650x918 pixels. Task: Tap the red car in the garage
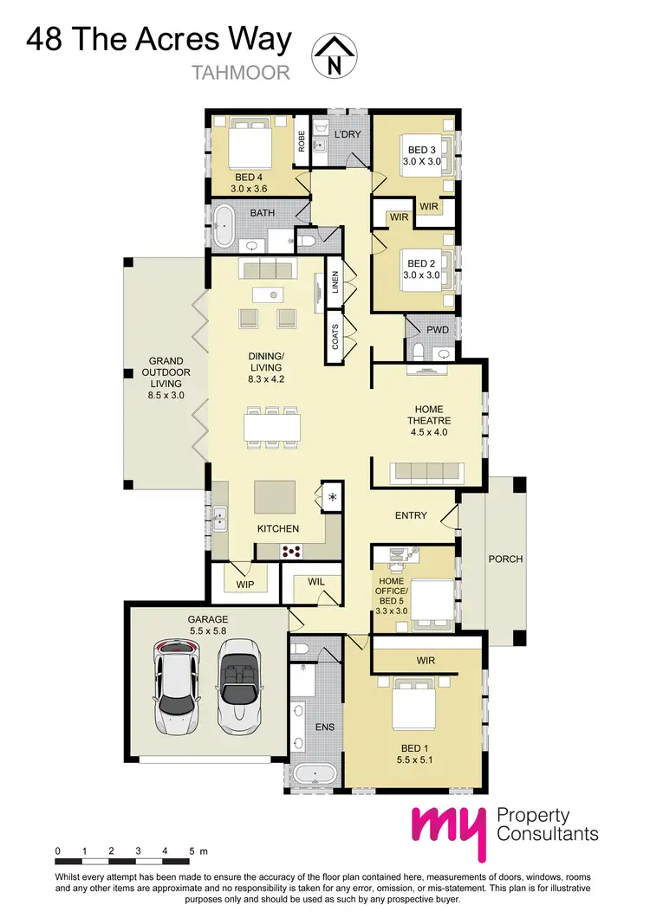click(177, 684)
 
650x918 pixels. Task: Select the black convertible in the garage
click(237, 684)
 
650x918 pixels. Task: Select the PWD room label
click(438, 330)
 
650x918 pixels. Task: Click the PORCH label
click(505, 559)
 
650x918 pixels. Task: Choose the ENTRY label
click(411, 515)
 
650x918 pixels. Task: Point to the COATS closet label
click(335, 337)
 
